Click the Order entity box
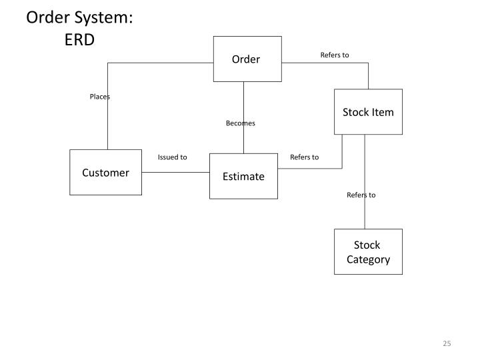click(x=245, y=59)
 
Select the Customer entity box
click(x=105, y=173)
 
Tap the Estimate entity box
click(x=243, y=177)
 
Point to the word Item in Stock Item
click(x=383, y=112)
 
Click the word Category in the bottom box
click(x=368, y=259)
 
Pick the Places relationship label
click(x=100, y=97)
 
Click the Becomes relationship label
click(x=240, y=123)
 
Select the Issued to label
click(x=172, y=157)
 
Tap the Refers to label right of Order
click(x=335, y=55)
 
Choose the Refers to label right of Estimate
click(x=304, y=157)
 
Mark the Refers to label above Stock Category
click(x=361, y=195)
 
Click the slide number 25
click(x=447, y=343)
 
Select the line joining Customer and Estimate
click(x=175, y=172)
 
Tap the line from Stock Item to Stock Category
click(x=365, y=213)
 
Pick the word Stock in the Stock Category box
click(x=367, y=245)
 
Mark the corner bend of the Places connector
click(x=107, y=63)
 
